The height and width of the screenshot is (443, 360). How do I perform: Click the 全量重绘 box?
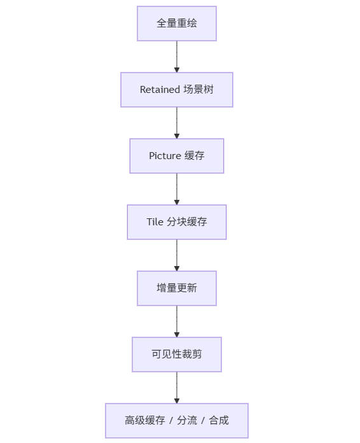(x=177, y=24)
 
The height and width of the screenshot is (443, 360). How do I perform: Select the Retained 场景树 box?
(x=177, y=90)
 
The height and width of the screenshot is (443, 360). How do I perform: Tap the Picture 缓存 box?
(x=177, y=156)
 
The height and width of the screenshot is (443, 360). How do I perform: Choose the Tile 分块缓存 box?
(x=177, y=222)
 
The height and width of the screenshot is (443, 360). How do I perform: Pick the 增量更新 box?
(x=177, y=288)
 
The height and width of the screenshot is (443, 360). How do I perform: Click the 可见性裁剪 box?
(x=177, y=355)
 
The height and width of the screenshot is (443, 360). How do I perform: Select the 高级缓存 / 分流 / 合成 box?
(x=177, y=421)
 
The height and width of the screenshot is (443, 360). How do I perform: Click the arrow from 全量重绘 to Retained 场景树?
(x=177, y=57)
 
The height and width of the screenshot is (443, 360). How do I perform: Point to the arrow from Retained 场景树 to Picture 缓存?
(x=177, y=123)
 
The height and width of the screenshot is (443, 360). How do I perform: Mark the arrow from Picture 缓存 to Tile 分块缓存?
(x=177, y=189)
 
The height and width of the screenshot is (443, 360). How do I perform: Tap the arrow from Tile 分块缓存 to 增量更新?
(x=177, y=255)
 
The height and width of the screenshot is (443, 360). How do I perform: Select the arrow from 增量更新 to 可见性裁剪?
(x=177, y=321)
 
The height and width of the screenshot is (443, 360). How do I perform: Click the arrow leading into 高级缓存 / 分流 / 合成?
(x=177, y=388)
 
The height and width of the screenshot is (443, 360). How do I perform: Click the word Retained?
(x=160, y=90)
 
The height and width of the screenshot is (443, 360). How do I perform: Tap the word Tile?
(x=155, y=222)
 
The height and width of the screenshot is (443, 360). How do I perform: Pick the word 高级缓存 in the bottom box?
(x=145, y=421)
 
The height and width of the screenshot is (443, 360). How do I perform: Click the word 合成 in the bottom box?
(x=219, y=421)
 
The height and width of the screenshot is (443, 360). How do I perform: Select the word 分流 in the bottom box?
(x=187, y=421)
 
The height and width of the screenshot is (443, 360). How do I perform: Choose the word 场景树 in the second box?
(x=198, y=90)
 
